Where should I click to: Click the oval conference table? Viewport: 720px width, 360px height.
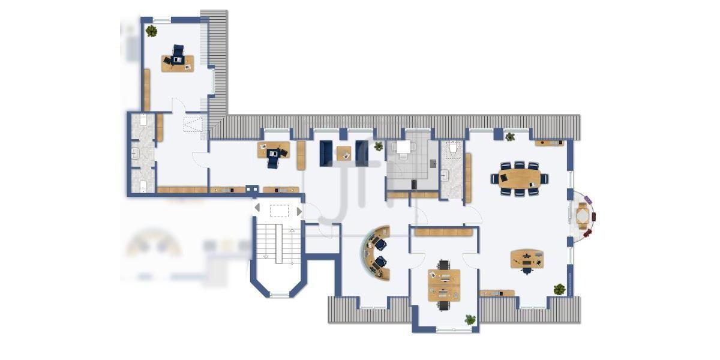[x=519, y=178]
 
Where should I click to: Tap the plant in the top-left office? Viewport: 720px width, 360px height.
[x=151, y=31]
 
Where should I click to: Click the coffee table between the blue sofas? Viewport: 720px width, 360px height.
[x=344, y=153]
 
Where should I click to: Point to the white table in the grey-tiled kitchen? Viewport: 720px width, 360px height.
[x=403, y=147]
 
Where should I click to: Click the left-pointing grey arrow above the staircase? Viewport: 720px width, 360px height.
[x=257, y=208]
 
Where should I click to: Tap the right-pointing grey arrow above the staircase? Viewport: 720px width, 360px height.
[x=299, y=211]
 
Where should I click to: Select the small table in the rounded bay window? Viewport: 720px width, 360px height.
[x=583, y=214]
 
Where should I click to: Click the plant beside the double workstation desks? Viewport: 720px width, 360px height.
[x=470, y=320]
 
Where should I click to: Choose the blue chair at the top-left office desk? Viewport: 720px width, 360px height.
[x=178, y=53]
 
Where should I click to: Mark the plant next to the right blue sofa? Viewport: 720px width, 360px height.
[x=379, y=146]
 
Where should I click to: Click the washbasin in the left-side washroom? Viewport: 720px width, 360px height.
[x=136, y=154]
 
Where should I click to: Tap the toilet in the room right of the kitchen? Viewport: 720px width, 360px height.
[x=453, y=147]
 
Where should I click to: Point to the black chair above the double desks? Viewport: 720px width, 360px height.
[x=443, y=265]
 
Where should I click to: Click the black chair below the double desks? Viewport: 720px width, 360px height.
[x=443, y=305]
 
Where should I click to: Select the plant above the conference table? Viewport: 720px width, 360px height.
[x=510, y=137]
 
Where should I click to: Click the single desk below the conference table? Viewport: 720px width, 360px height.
[x=527, y=259]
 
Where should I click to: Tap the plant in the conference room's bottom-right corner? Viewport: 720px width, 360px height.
[x=559, y=289]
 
